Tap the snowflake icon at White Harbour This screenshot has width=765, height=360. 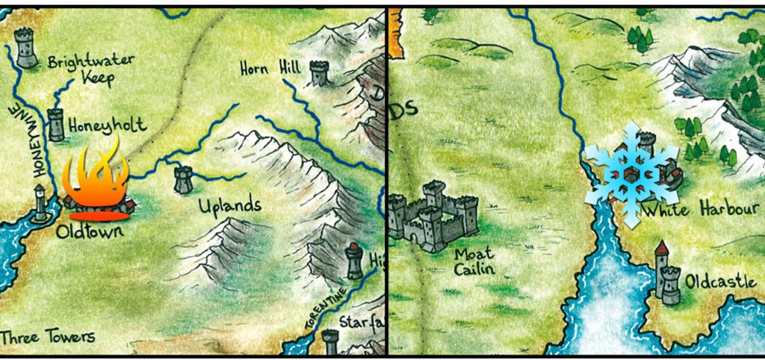pyautogui.click(x=631, y=175)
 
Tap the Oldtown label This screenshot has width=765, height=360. pyautogui.click(x=89, y=232)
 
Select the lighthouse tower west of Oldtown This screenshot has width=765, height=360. pyautogui.click(x=39, y=203)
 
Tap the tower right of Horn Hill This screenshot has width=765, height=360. pyautogui.click(x=320, y=73)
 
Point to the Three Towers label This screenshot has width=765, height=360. pyautogui.click(x=48, y=337)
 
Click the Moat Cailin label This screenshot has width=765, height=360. pyautogui.click(x=474, y=262)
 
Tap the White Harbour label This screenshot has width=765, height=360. pyautogui.click(x=700, y=211)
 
